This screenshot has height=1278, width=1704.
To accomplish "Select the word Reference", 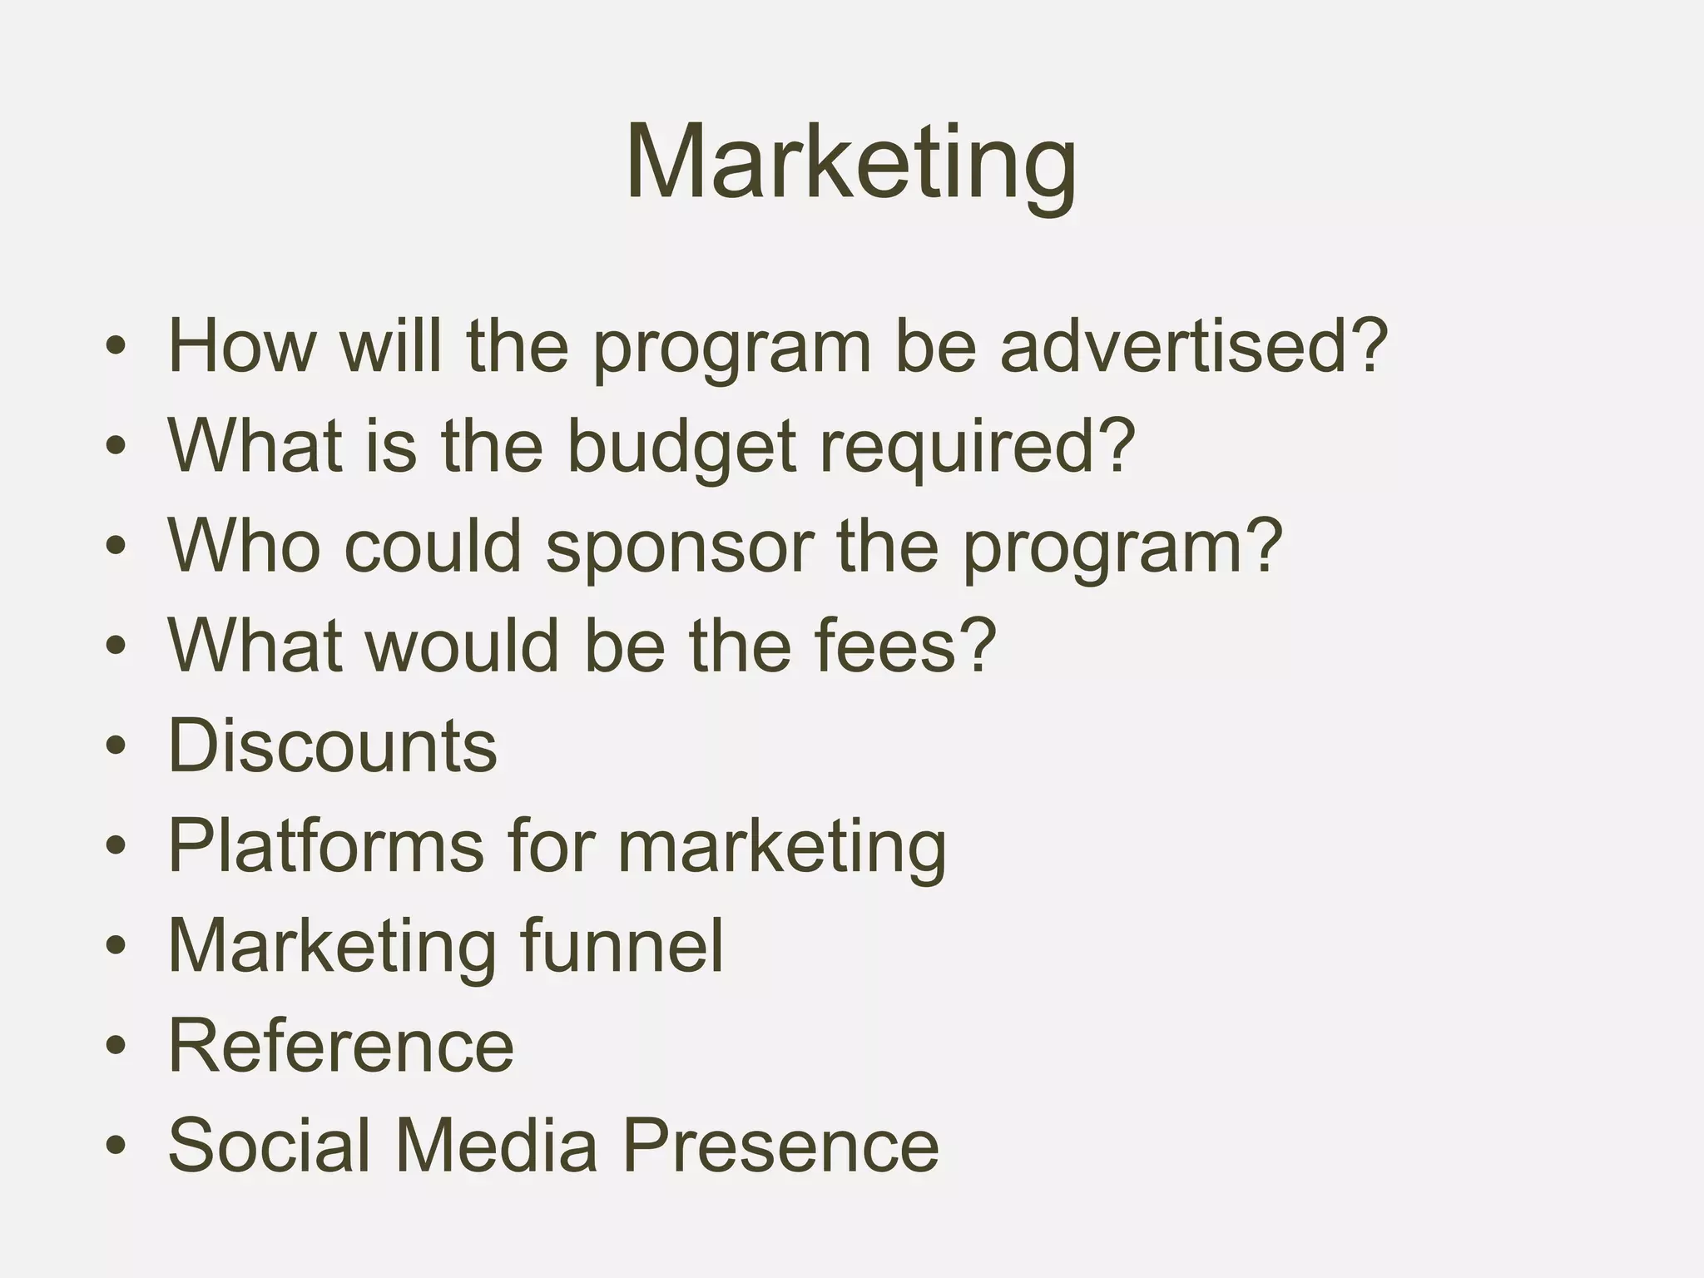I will click(x=341, y=1045).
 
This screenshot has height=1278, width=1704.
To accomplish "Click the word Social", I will click(x=269, y=1145).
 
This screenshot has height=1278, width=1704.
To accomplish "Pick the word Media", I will click(x=496, y=1145).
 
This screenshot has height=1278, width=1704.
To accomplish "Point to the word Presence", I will click(x=780, y=1145).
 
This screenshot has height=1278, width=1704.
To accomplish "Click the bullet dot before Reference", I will click(x=116, y=1045).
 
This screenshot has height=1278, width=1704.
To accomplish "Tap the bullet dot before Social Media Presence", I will click(x=116, y=1145).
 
